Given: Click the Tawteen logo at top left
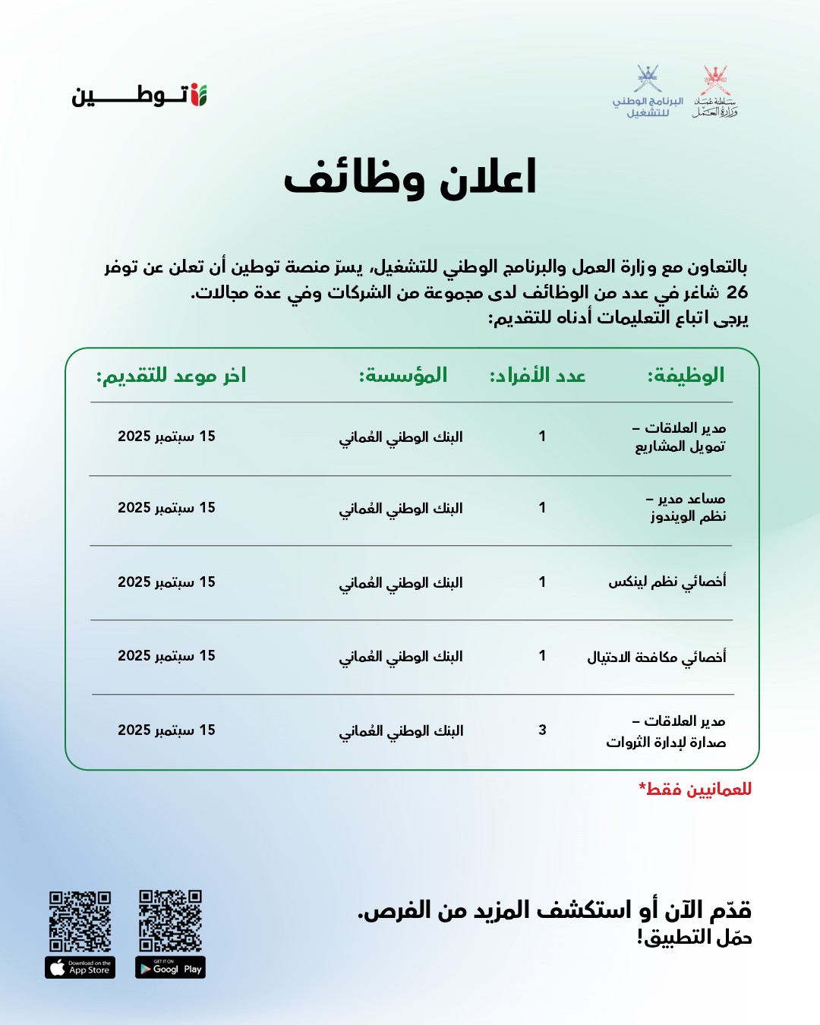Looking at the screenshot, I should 140,96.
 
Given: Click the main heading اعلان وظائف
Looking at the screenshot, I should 410,178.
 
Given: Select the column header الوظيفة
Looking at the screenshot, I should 686,375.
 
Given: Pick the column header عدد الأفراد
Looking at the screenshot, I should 538,375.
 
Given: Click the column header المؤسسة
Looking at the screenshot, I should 403,375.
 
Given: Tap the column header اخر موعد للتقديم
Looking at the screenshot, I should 171,375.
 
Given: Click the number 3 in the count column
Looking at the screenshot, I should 542,730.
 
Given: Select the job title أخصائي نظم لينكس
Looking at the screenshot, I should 667,582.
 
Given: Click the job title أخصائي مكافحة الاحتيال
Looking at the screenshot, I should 656,656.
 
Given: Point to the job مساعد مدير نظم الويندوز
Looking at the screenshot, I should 686,507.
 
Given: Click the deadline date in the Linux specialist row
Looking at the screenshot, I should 166,582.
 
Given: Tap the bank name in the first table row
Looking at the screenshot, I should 401,437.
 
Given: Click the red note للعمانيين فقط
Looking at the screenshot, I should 695,789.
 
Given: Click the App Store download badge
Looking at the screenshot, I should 80,967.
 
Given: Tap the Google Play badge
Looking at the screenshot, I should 170,967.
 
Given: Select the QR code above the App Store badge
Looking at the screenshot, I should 80,921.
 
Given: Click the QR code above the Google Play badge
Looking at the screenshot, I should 170,921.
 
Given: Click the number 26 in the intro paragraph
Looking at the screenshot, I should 736,292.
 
